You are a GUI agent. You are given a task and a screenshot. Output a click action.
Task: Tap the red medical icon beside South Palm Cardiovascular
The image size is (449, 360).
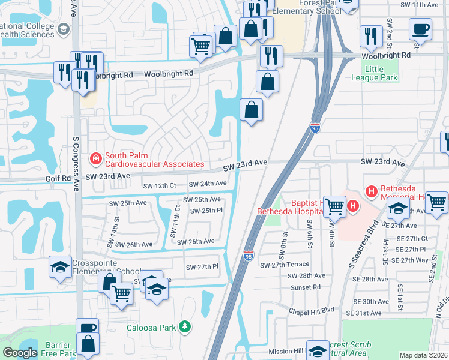pyautogui.click(x=95, y=159)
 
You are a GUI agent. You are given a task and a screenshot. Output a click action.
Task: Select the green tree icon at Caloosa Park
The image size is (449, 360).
pyautogui.click(x=186, y=327)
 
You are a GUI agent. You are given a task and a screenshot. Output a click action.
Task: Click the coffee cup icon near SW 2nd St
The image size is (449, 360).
pyautogui.click(x=420, y=29)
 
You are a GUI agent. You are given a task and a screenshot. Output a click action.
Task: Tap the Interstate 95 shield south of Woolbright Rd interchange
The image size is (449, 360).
pyautogui.click(x=315, y=127)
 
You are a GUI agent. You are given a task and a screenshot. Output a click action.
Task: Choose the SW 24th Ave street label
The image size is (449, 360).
pyautogui.click(x=208, y=184)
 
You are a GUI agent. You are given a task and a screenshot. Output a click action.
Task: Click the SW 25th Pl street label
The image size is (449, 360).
pyautogui.click(x=206, y=211)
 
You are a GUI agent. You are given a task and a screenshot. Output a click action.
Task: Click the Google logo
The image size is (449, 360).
pyautogui.click(x=20, y=353)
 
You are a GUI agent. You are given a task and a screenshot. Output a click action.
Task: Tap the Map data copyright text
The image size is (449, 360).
pyautogui.click(x=423, y=355)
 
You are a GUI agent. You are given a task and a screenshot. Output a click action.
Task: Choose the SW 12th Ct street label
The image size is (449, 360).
pyautogui.click(x=160, y=186)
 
